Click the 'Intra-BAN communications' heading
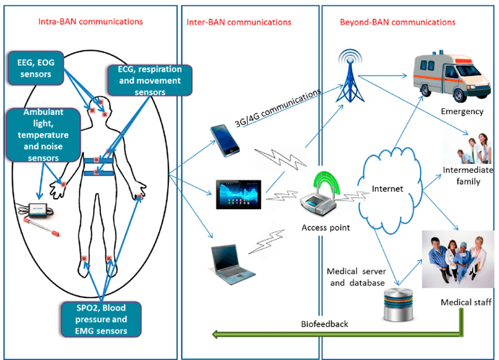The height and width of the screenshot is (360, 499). (90, 22)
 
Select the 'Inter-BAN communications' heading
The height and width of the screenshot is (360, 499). (238, 22)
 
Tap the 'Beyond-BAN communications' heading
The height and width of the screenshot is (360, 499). (397, 22)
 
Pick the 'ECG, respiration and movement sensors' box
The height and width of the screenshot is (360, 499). (149, 80)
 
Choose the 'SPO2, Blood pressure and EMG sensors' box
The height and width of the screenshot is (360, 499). (101, 319)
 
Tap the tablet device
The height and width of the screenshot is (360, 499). (237, 193)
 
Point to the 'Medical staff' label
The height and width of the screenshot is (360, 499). (465, 302)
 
